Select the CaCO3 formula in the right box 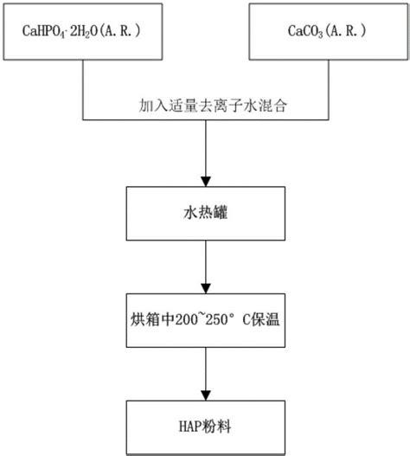[294, 32]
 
